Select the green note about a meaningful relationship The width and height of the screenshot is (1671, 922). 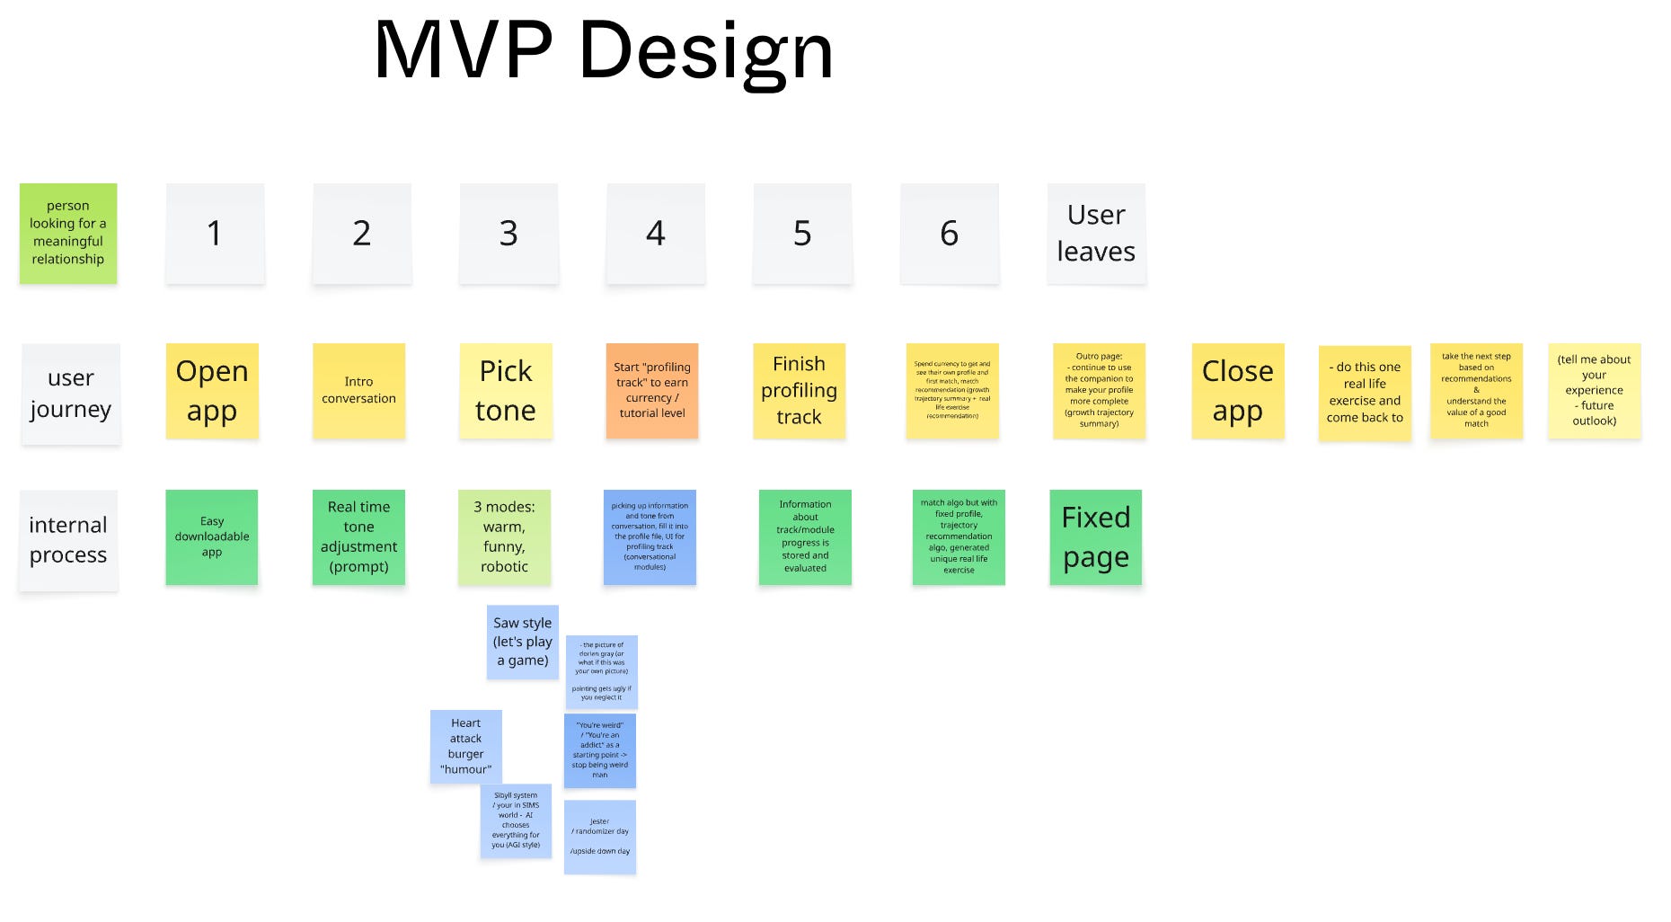point(68,233)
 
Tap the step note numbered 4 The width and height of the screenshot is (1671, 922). point(656,233)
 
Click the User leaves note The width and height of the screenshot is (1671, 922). point(1096,233)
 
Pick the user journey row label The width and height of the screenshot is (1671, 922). point(71,394)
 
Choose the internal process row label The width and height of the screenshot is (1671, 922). point(68,539)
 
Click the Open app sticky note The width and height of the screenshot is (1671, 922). point(212,390)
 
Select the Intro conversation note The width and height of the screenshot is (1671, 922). point(358,390)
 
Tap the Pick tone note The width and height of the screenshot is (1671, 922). point(506,390)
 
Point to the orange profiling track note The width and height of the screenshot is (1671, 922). point(652,390)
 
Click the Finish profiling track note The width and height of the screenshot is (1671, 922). point(799,390)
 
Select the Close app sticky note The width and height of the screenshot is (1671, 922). point(1238,390)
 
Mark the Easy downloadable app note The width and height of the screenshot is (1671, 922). point(212,536)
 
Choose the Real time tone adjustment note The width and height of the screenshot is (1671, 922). point(358,536)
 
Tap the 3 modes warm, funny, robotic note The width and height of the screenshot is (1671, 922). point(504,536)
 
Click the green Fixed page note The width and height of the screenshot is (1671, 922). point(1096,536)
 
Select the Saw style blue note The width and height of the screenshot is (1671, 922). point(523,642)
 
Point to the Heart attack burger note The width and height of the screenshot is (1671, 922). point(465,746)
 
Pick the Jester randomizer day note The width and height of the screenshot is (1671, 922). point(600,837)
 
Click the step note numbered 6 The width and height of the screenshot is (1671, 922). point(950,233)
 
